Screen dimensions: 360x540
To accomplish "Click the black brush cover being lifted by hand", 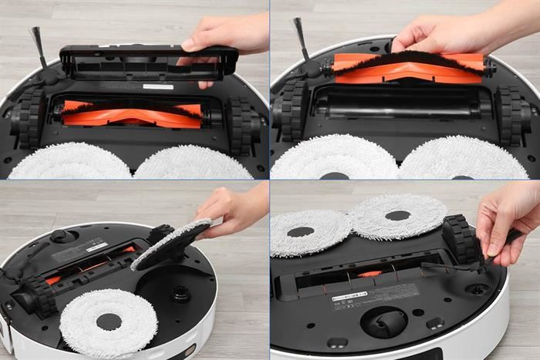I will coord(147,62).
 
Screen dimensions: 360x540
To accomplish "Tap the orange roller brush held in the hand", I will coord(409,68).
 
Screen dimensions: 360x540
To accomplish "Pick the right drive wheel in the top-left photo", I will coord(240,124).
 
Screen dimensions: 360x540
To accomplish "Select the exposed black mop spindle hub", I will coord(181,294).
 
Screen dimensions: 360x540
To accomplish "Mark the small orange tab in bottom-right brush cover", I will coord(371,274).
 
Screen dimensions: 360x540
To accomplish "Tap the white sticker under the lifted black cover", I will coord(158,86).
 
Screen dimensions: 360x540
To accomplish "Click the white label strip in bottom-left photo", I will coord(96,247).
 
